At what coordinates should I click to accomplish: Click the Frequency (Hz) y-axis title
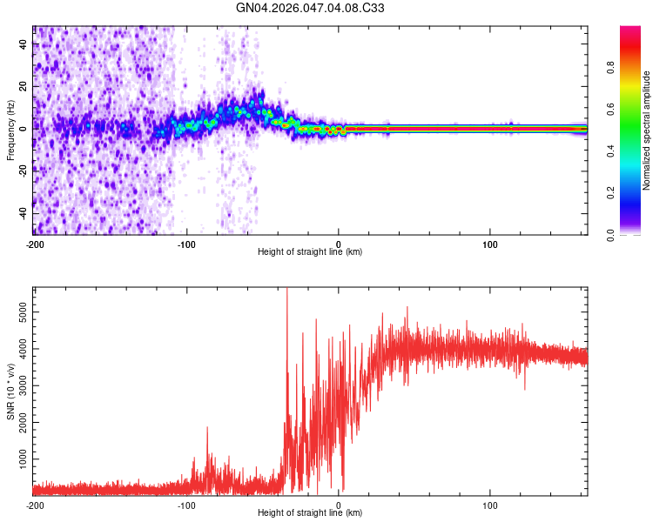[10, 130]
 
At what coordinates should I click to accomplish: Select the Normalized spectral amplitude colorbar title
[646, 130]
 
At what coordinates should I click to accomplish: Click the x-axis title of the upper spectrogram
[310, 251]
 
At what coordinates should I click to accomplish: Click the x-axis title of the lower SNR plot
[310, 512]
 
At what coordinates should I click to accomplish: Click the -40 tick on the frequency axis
[24, 213]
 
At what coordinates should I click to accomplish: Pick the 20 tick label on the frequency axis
[24, 86]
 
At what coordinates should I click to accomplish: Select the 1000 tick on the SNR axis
[18, 458]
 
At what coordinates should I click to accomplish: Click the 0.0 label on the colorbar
[636, 233]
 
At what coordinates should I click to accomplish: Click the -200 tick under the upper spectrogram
[35, 244]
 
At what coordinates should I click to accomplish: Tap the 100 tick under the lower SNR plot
[490, 505]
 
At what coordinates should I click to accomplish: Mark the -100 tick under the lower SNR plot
[186, 505]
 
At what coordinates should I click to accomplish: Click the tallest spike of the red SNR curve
[287, 290]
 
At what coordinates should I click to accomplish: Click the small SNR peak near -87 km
[207, 428]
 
